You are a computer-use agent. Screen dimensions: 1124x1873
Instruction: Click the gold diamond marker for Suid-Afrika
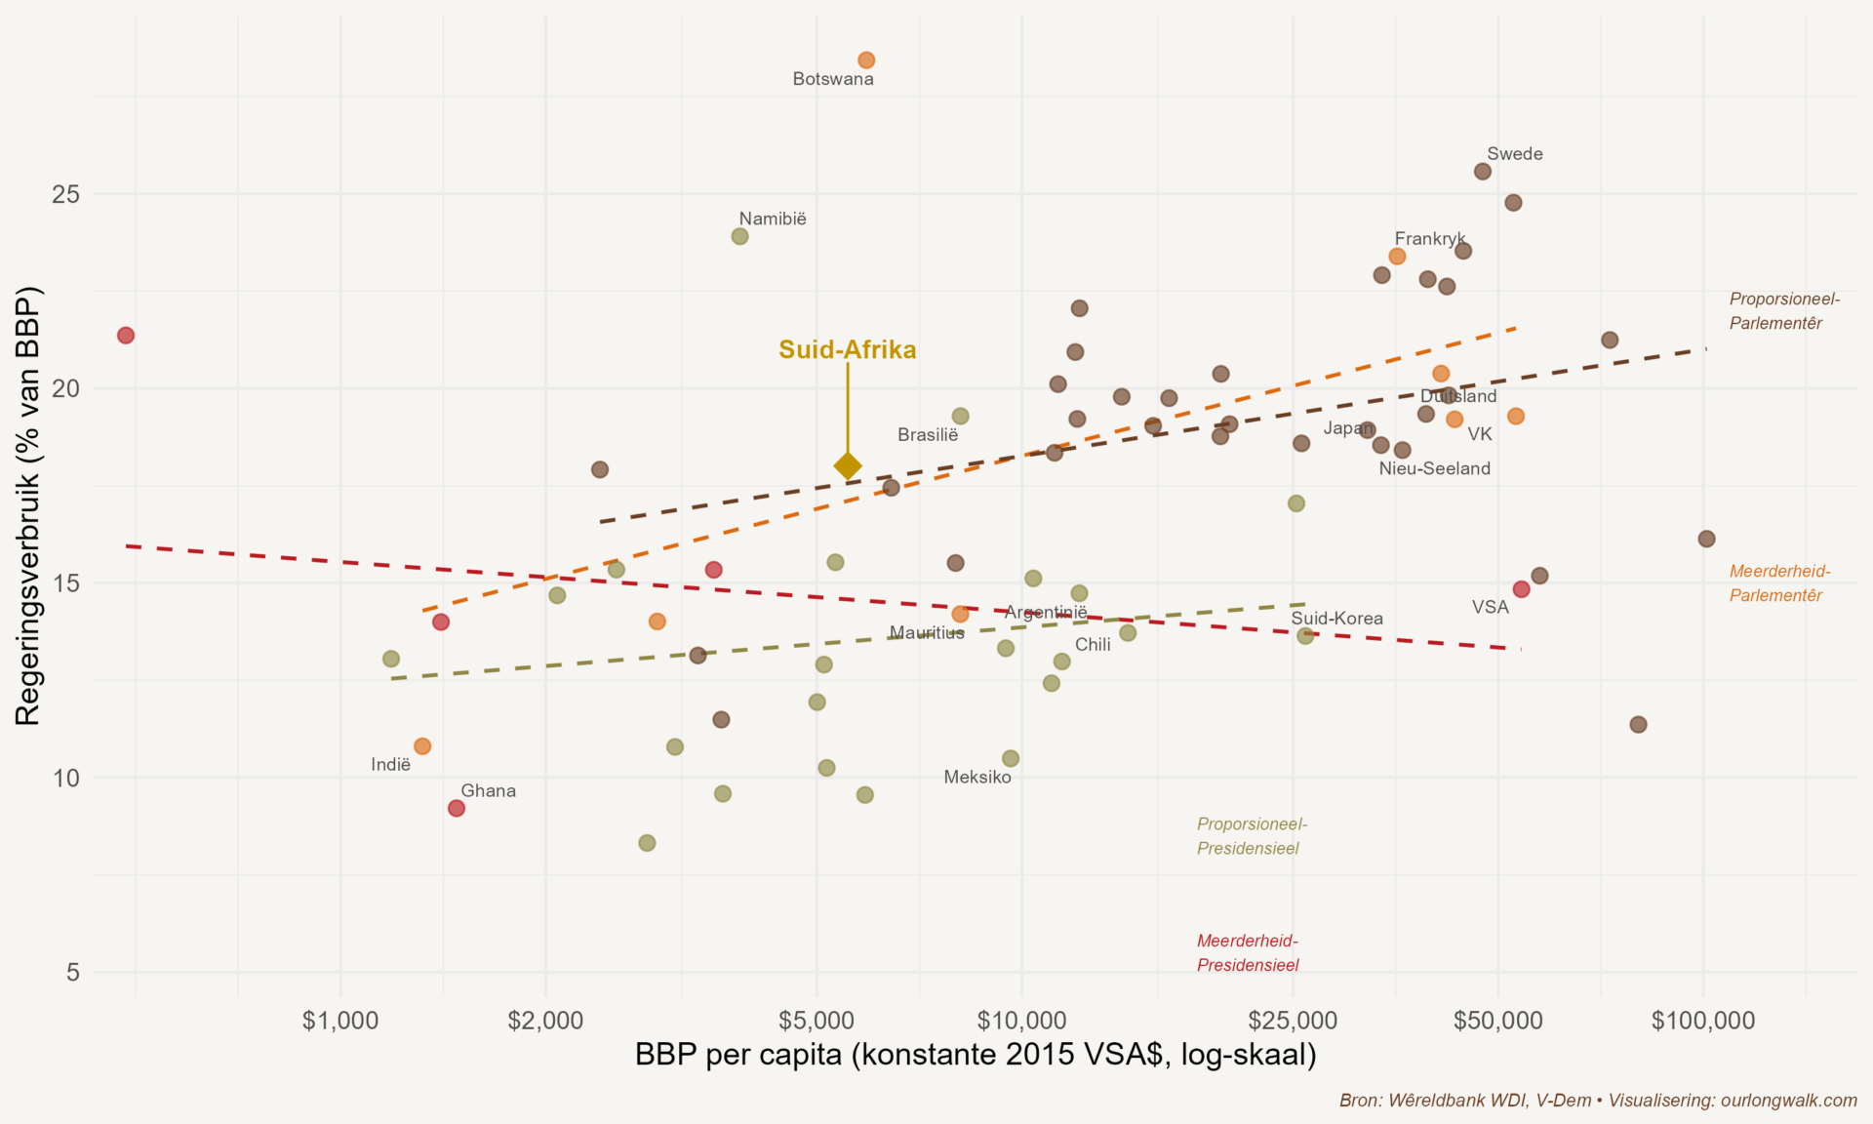848,466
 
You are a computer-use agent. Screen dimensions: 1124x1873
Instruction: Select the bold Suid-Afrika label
847,349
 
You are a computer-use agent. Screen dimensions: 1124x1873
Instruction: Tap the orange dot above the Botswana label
866,60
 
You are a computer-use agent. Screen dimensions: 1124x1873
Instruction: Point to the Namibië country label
773,219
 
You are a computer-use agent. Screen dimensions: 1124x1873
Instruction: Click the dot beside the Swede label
1483,172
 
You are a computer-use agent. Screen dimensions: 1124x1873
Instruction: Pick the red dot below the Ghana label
456,808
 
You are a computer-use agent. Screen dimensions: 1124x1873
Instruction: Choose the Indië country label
390,765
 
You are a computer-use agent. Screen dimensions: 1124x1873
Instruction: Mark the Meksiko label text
977,778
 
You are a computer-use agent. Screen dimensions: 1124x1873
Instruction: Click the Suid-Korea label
1336,619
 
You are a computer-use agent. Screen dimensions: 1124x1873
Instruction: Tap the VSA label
1490,607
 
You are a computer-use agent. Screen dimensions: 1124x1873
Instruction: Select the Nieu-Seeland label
1434,468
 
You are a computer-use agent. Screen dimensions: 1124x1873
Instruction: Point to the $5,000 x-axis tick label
817,1022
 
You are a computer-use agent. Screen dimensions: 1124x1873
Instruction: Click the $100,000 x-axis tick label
1702,1022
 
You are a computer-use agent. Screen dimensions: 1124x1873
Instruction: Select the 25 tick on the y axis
66,194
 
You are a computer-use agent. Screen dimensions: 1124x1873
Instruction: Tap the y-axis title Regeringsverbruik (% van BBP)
27,505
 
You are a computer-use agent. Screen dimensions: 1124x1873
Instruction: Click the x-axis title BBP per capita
975,1055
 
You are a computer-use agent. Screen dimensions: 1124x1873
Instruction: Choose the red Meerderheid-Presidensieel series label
1248,953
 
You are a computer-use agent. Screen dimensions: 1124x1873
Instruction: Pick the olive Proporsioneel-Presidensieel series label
1252,836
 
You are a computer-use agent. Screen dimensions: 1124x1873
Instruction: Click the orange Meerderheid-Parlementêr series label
1779,583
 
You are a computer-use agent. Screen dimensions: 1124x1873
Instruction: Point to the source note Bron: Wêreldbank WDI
1598,1101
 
